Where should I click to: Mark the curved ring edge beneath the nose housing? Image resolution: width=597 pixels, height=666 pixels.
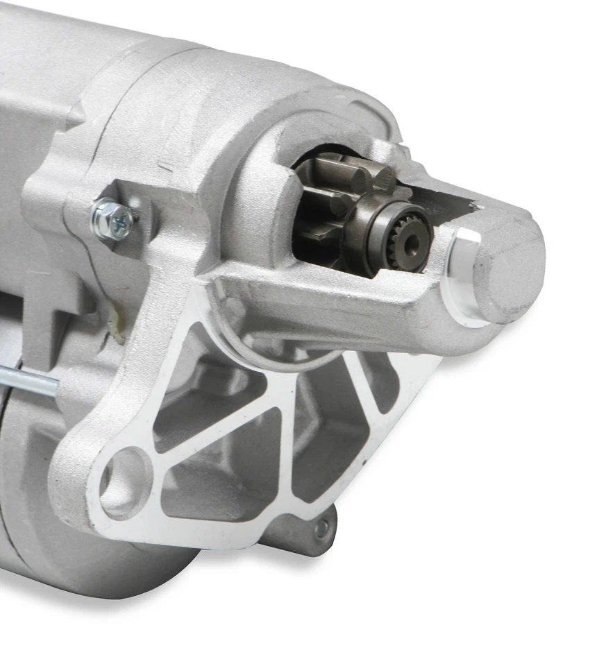click(x=278, y=361)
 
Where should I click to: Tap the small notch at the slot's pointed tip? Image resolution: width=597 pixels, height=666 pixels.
click(x=476, y=205)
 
